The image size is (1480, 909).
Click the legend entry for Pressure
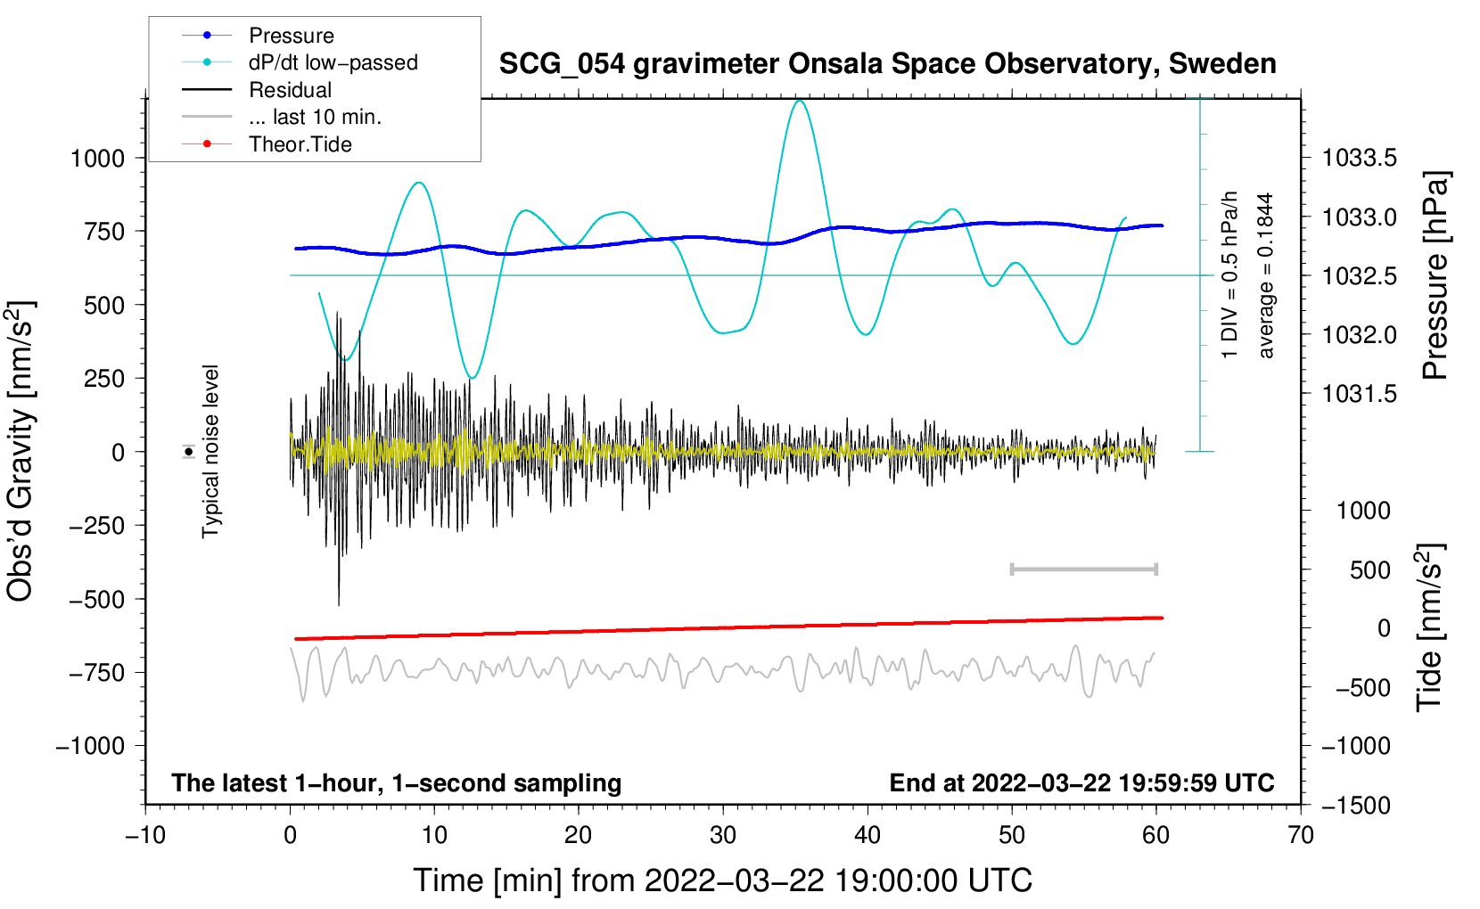click(291, 36)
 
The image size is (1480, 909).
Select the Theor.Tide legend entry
click(300, 144)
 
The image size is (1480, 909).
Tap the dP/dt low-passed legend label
click(333, 62)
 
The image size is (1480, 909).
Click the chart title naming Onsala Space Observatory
click(887, 64)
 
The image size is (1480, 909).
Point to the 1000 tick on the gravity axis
click(97, 159)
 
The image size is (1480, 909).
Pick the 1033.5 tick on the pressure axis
click(1359, 159)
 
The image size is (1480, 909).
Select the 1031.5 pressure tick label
click(1359, 394)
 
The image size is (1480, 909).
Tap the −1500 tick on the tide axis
click(1355, 806)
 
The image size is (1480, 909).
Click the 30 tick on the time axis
click(723, 836)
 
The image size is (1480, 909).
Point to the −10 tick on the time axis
click(145, 836)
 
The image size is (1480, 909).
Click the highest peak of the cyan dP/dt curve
click(799, 101)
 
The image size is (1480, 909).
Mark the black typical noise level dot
click(189, 452)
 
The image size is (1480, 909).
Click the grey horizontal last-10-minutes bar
click(1083, 569)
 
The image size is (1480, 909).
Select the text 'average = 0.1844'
click(1266, 276)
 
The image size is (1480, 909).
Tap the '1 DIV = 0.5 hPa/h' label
click(1230, 274)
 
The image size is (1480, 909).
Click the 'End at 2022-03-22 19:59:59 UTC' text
click(1081, 783)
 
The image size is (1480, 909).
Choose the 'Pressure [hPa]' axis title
click(1435, 276)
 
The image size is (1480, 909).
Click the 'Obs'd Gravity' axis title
click(20, 451)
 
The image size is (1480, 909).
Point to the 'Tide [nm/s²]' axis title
click(1429, 627)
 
